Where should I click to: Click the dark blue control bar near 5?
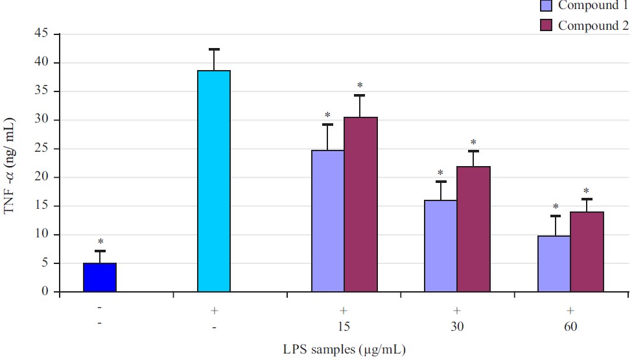pos(100,278)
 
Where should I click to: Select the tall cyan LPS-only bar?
pos(214,182)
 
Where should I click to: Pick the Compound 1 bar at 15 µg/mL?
pos(328,221)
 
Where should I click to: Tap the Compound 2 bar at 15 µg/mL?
pos(360,204)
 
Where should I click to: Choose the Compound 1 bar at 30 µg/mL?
pos(441,246)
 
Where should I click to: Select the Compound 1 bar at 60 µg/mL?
pos(554,264)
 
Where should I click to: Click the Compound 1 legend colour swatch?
pos(546,6)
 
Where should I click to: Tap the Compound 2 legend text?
pos(593,26)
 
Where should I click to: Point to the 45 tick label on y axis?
pos(43,34)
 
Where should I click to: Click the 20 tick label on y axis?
pos(43,177)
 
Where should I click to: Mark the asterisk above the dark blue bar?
pos(100,241)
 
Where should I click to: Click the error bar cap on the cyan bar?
pos(214,49)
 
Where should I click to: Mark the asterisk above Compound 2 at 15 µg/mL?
pos(360,86)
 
